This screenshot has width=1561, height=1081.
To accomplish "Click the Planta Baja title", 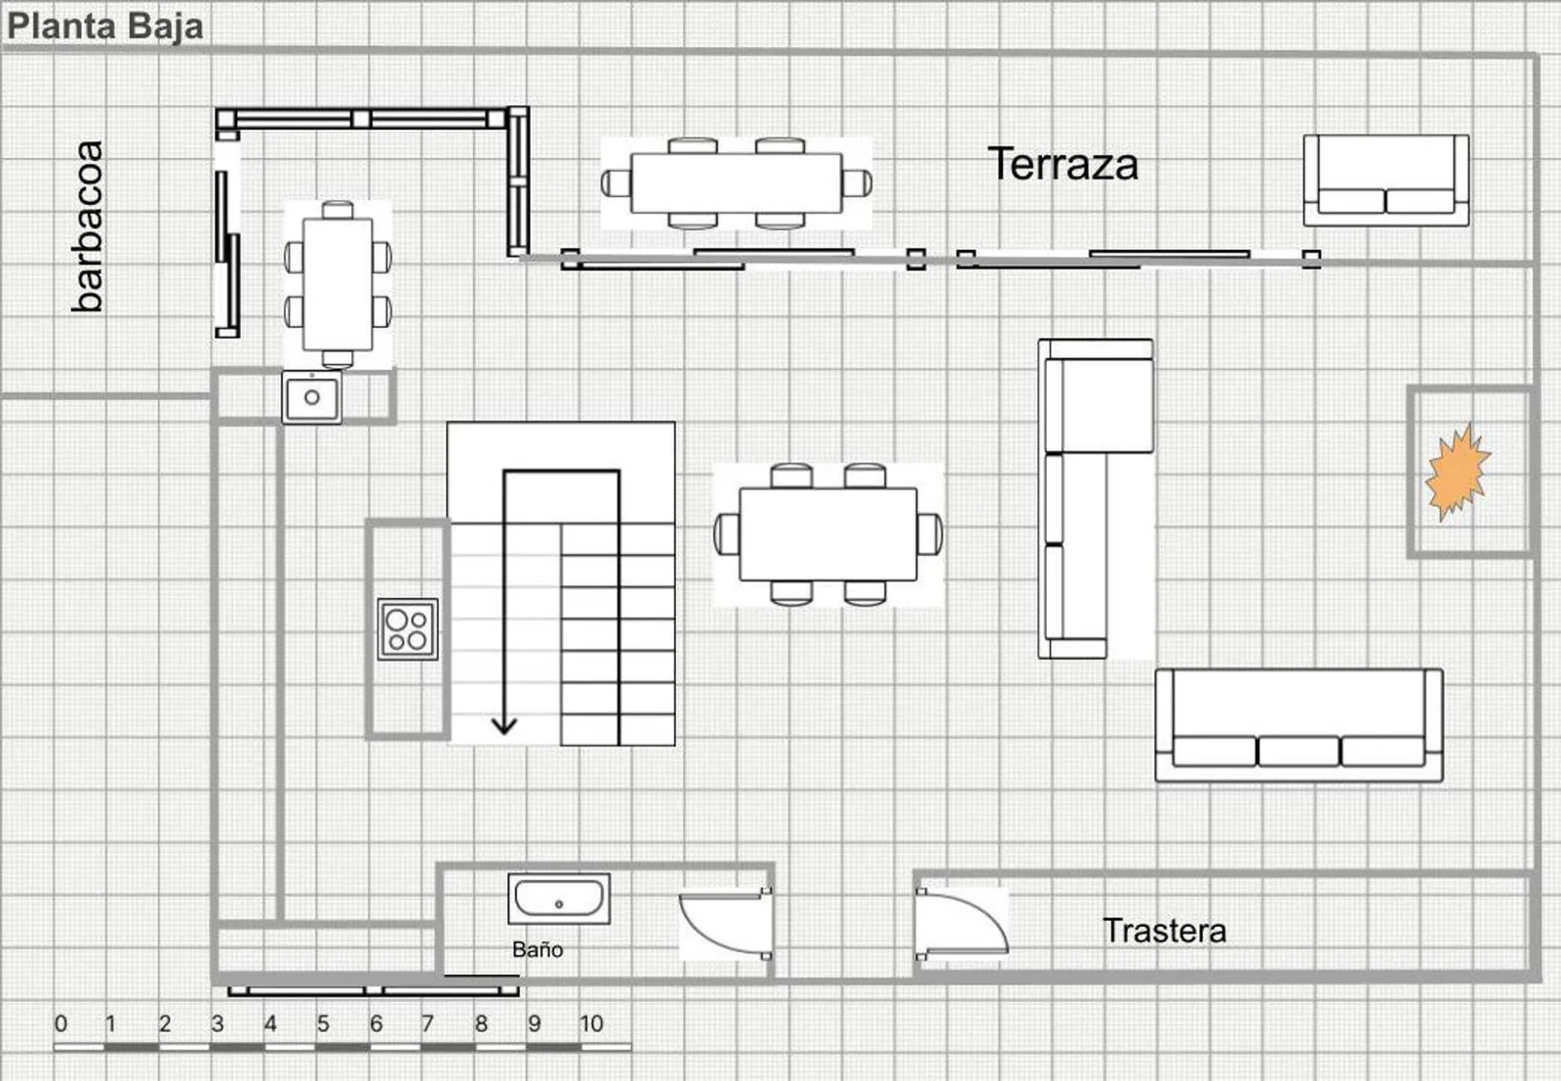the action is click(x=105, y=26).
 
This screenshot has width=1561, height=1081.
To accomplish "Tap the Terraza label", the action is click(x=1062, y=165).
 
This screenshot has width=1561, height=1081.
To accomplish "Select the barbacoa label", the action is click(x=89, y=226).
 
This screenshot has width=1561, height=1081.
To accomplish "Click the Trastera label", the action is click(x=1165, y=931).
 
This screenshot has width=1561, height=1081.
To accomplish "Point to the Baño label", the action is click(x=538, y=949).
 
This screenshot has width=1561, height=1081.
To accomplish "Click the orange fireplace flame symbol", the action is click(x=1458, y=472).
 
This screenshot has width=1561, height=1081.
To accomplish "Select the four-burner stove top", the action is click(x=408, y=629).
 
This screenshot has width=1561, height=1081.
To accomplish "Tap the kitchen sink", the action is click(x=311, y=397).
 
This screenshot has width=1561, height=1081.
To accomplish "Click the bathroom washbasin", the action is click(x=559, y=899).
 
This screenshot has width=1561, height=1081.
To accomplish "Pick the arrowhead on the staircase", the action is click(x=503, y=727).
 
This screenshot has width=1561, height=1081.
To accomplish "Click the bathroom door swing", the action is click(x=726, y=924).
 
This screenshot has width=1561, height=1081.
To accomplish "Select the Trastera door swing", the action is click(x=962, y=923).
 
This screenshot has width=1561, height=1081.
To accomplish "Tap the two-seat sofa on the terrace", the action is click(x=1386, y=180).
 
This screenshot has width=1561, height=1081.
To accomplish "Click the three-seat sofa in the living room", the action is click(x=1299, y=726).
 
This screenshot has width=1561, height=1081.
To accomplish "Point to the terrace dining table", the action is click(x=737, y=183).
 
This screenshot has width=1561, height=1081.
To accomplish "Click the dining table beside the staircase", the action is click(x=828, y=535).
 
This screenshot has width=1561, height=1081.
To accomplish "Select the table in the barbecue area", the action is click(x=338, y=284).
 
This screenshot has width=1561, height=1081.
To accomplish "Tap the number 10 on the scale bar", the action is click(x=591, y=1023).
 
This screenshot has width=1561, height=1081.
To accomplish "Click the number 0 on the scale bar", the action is click(x=60, y=1023).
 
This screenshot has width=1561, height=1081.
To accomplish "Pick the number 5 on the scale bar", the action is click(x=323, y=1023).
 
